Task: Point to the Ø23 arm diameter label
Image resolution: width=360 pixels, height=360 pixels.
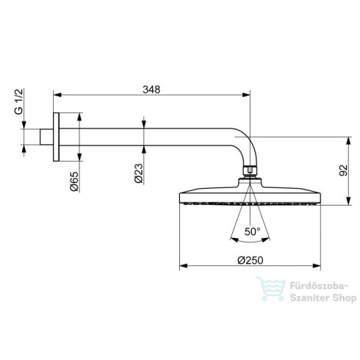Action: [137, 174]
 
